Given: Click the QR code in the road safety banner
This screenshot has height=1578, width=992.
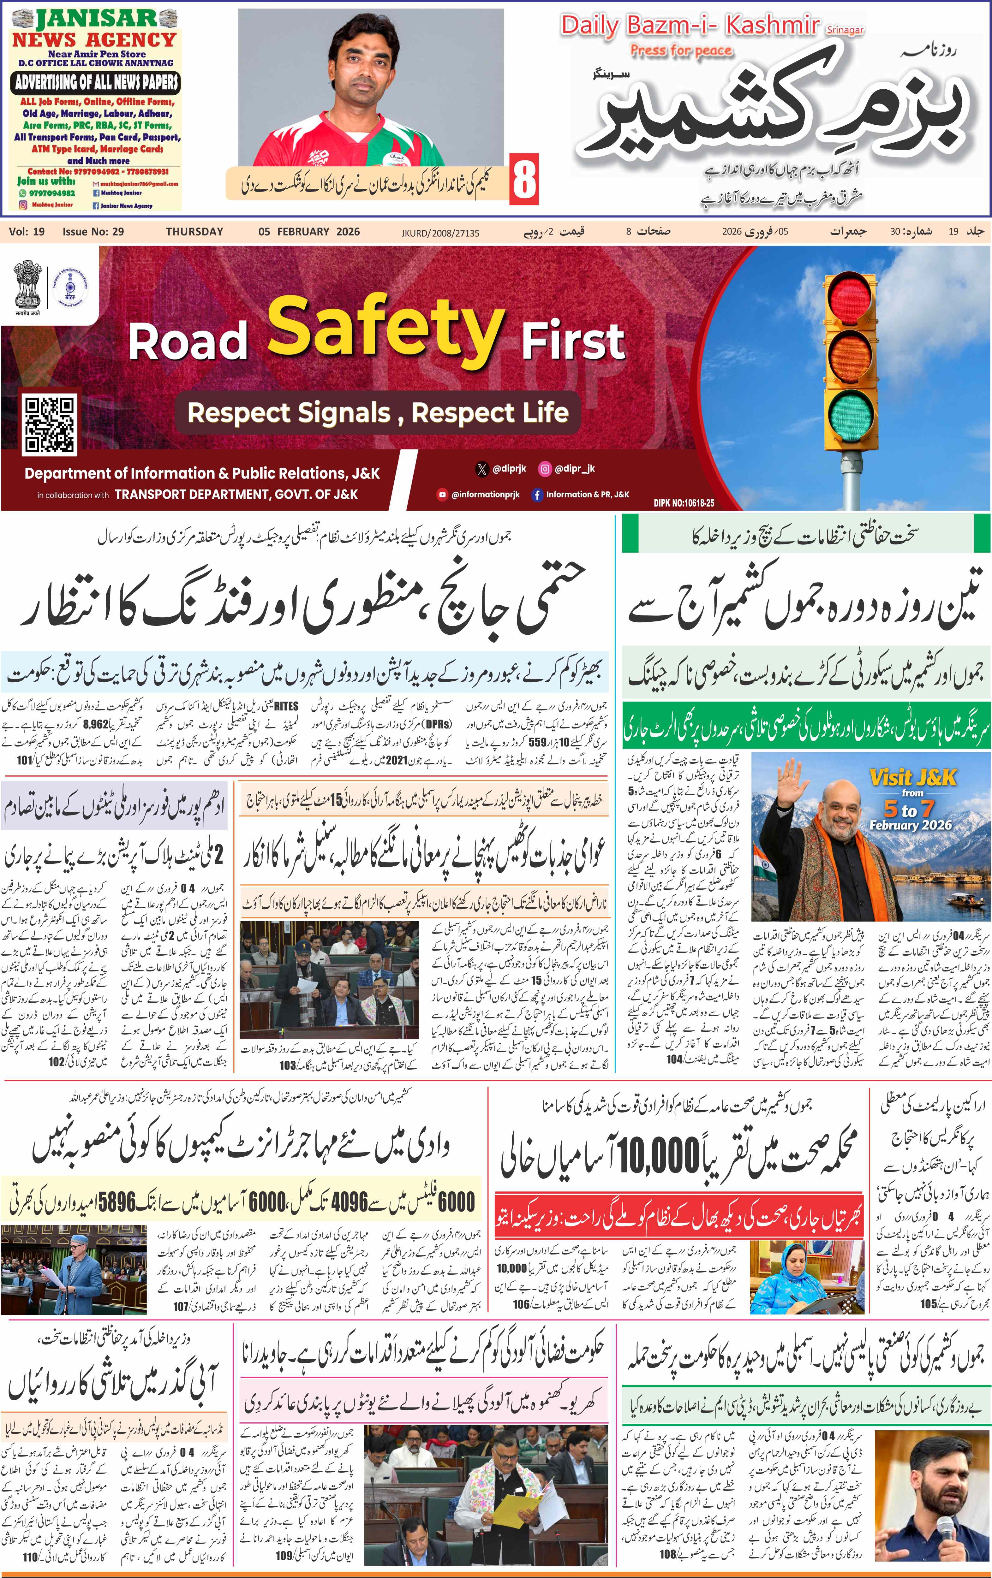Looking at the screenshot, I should pos(49,424).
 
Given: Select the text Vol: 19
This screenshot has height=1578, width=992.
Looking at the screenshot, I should pos(27,231).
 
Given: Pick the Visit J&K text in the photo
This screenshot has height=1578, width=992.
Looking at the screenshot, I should pos(913,778).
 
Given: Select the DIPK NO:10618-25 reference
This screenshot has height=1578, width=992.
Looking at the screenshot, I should pos(684,503).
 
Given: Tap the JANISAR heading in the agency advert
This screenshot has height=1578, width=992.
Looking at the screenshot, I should pos(96,19).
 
